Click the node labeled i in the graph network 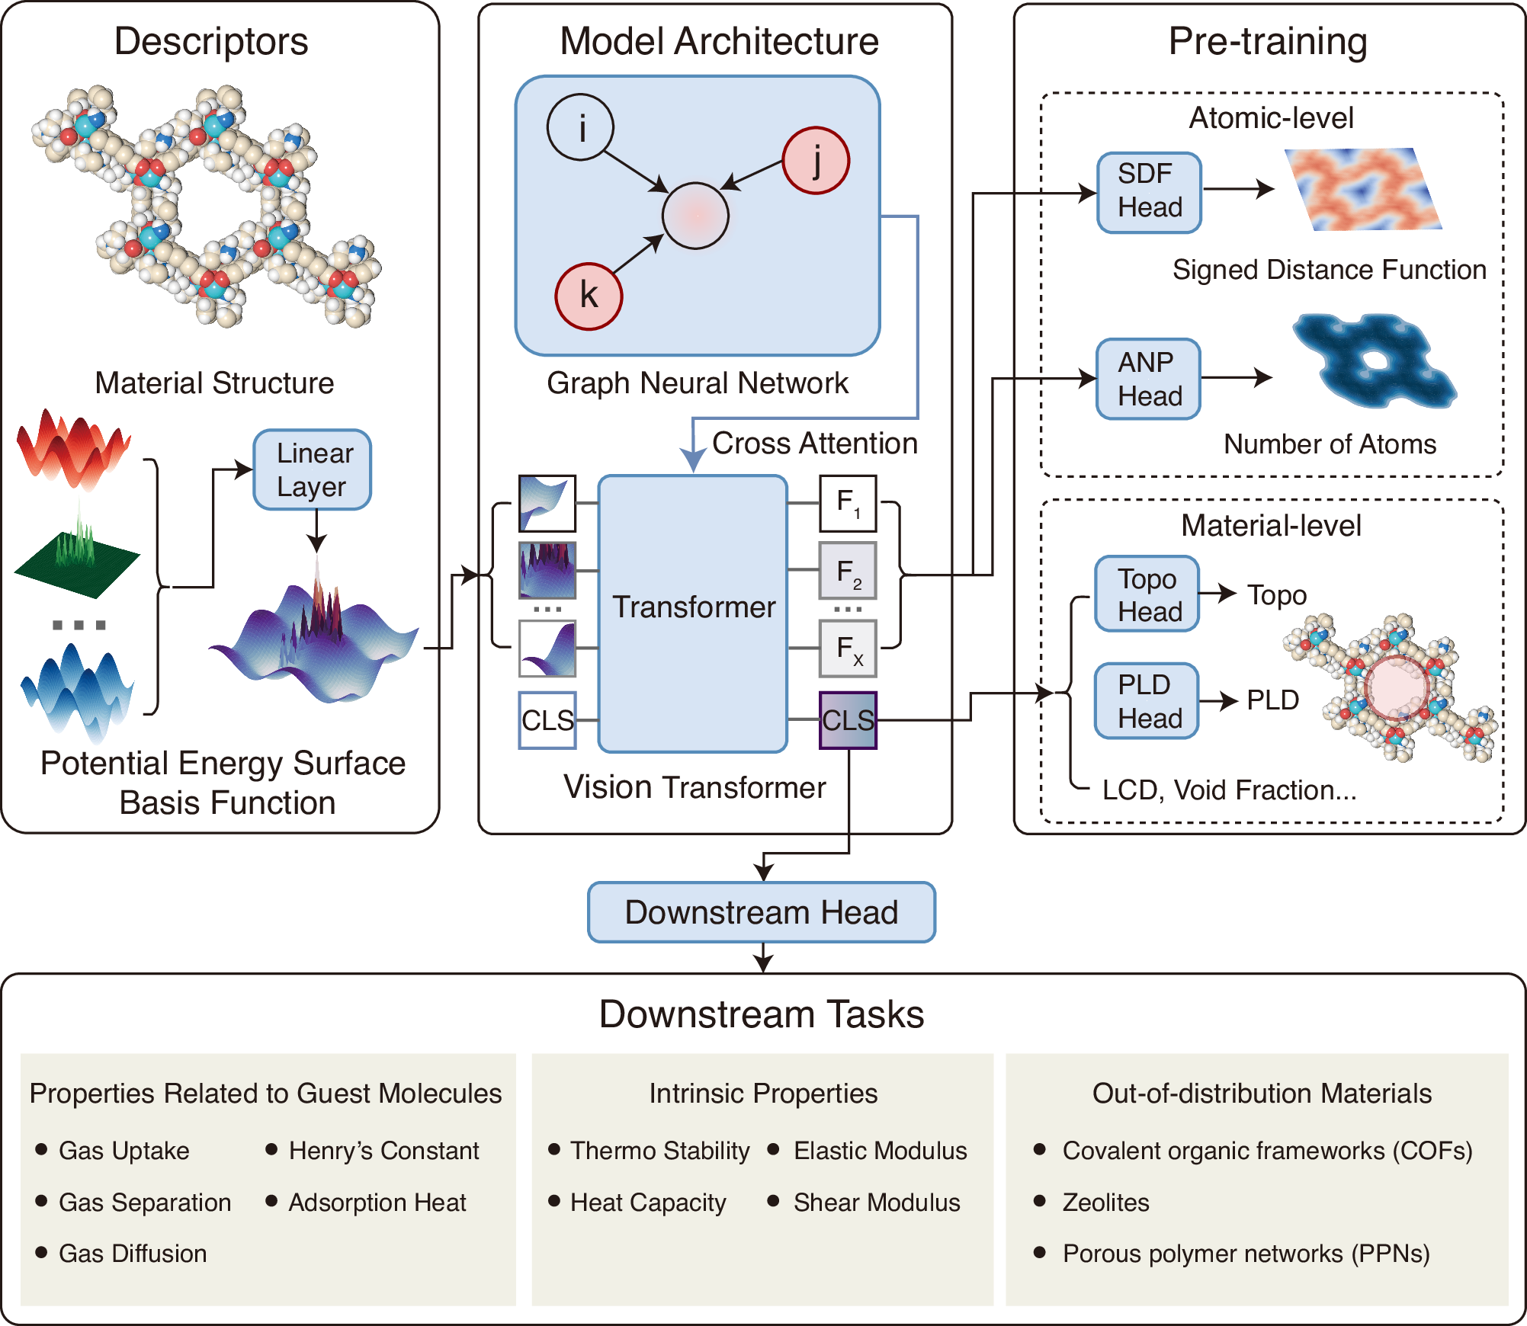pyautogui.click(x=580, y=127)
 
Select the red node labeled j pyautogui.click(x=816, y=161)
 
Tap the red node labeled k pyautogui.click(x=588, y=296)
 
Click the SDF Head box pyautogui.click(x=1149, y=192)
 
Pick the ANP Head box pyautogui.click(x=1149, y=379)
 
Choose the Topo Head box pyautogui.click(x=1147, y=594)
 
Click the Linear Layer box pyautogui.click(x=313, y=469)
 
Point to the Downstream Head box pyautogui.click(x=761, y=912)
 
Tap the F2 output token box pyautogui.click(x=848, y=571)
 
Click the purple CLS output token pyautogui.click(x=848, y=720)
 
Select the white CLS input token pyautogui.click(x=547, y=720)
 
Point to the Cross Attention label pyautogui.click(x=814, y=444)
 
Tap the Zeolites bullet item pyautogui.click(x=1105, y=1203)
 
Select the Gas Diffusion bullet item pyautogui.click(x=133, y=1254)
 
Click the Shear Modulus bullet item pyautogui.click(x=877, y=1203)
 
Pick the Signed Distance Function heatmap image pyautogui.click(x=1362, y=190)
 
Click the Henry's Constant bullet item pyautogui.click(x=383, y=1151)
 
